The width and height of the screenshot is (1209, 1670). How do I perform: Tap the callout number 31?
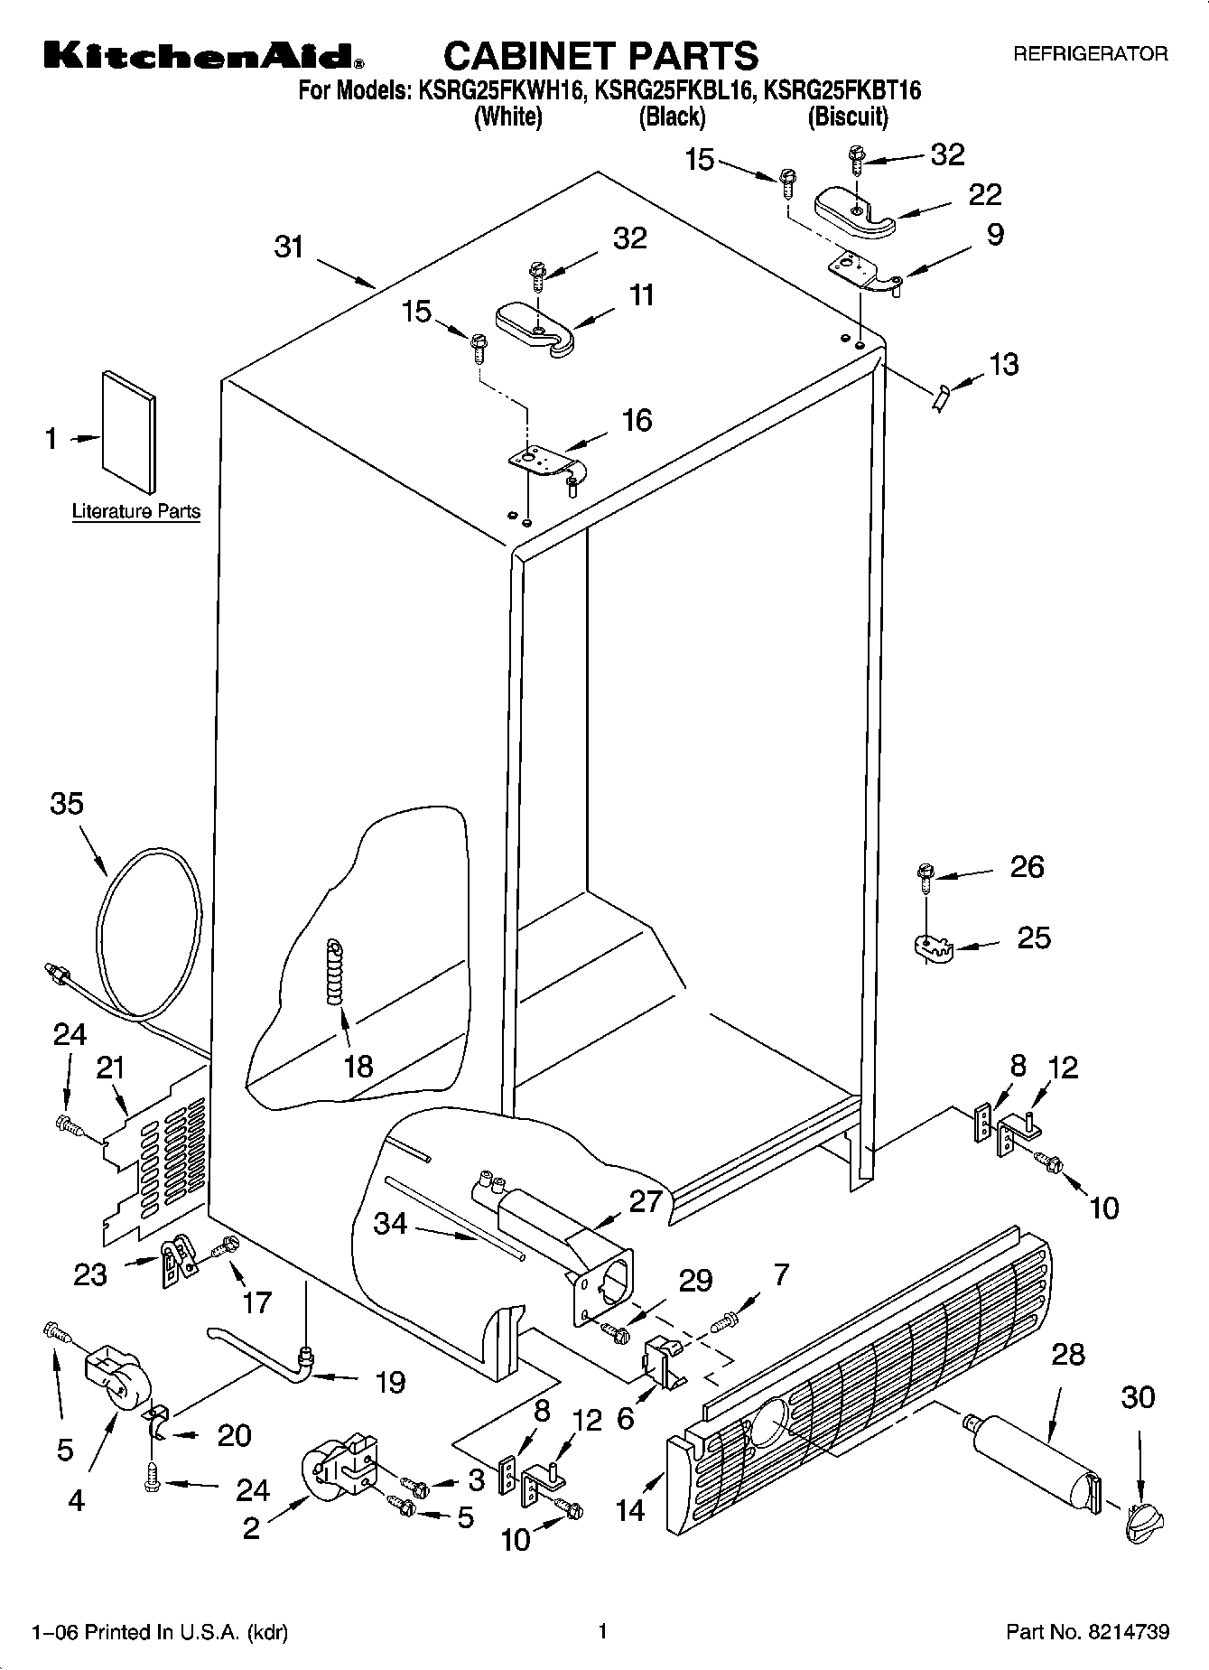(289, 247)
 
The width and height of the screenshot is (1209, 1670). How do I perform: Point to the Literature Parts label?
(136, 511)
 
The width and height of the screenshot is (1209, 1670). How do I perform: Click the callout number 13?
(1003, 364)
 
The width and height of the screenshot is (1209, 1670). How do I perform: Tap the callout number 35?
(67, 803)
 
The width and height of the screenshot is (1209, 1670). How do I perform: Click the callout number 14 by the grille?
(630, 1509)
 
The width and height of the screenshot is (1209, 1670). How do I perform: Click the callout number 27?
(646, 1202)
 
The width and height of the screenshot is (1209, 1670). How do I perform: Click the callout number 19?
(390, 1382)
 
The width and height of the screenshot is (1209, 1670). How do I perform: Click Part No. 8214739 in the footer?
(1088, 1632)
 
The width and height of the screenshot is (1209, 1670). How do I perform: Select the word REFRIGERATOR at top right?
(1090, 54)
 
